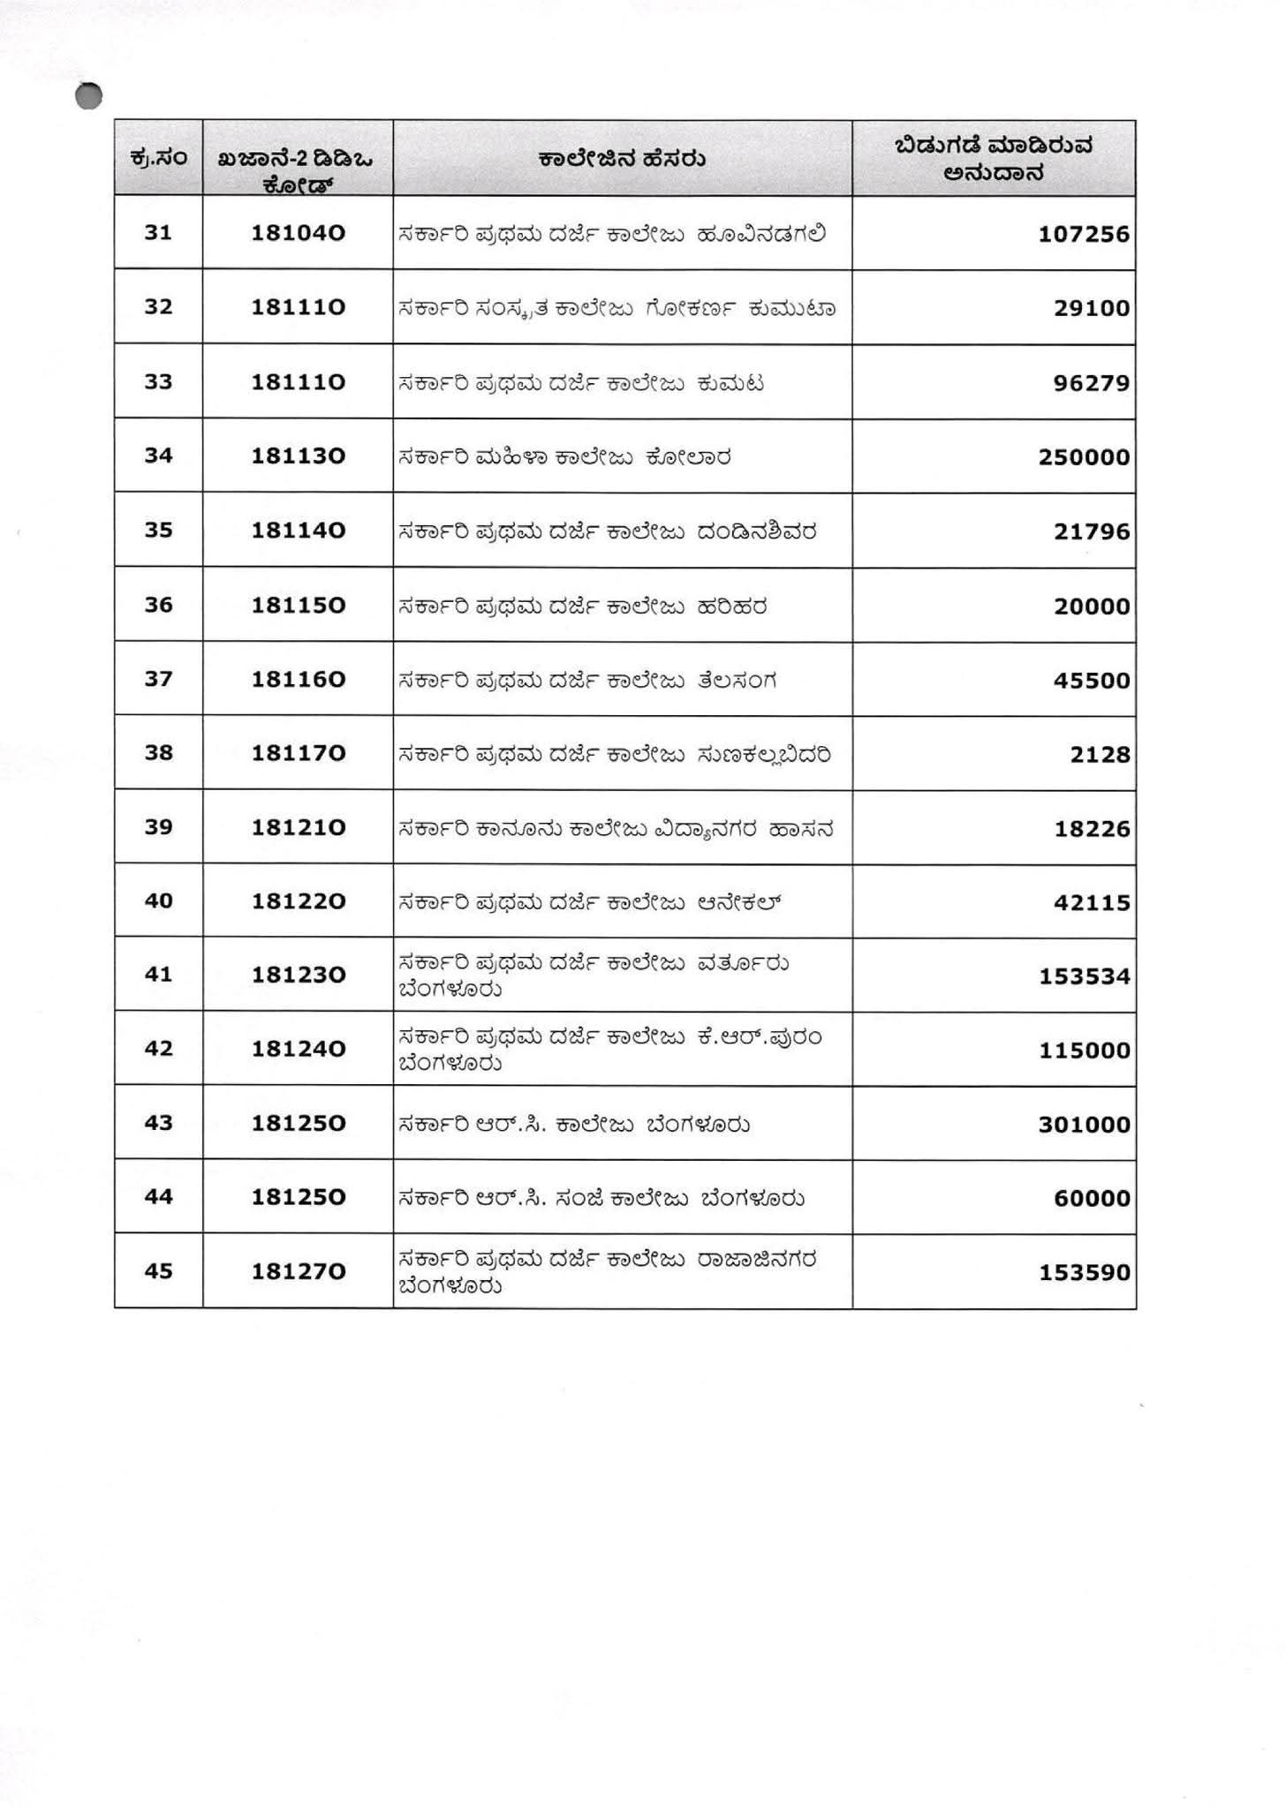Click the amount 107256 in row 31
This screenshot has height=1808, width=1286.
click(1084, 235)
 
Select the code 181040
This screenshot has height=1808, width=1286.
click(298, 233)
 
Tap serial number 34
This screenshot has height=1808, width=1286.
click(158, 456)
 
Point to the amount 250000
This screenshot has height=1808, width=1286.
click(1084, 457)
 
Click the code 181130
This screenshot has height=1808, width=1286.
click(298, 456)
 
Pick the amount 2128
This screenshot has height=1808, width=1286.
click(1100, 755)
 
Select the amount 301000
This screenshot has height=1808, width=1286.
click(1084, 1125)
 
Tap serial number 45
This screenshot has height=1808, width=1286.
click(158, 1271)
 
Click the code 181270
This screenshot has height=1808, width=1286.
click(298, 1271)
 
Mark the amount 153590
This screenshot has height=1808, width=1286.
click(1084, 1273)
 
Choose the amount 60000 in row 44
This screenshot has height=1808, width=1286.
click(1092, 1199)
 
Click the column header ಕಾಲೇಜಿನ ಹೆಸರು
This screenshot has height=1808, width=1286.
click(622, 160)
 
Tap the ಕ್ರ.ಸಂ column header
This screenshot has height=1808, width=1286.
click(158, 158)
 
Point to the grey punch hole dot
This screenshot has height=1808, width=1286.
click(89, 96)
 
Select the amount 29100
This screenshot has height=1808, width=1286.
click(1092, 309)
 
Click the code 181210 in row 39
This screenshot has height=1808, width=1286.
click(298, 827)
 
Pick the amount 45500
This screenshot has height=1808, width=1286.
click(1092, 681)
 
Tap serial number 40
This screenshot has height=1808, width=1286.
click(158, 901)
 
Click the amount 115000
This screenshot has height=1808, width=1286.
click(1084, 1051)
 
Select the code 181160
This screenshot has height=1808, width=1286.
click(298, 679)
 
